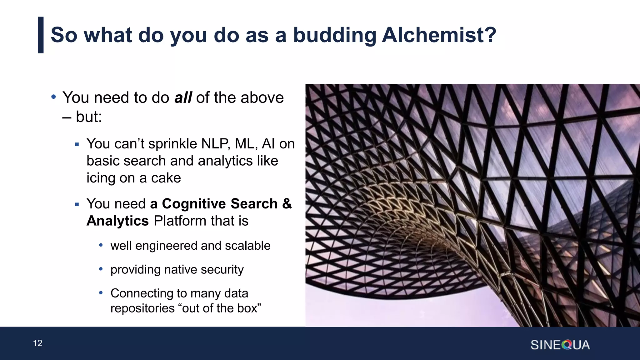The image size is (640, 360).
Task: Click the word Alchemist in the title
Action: tap(439, 35)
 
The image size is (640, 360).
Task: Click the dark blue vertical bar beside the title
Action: tap(41, 35)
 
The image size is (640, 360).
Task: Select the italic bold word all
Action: tap(183, 97)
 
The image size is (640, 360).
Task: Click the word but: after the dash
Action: tap(89, 117)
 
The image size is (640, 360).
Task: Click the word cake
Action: tap(166, 178)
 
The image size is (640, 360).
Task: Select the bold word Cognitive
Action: tap(194, 204)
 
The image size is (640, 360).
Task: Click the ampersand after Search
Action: tap(287, 204)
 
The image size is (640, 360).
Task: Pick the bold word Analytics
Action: tap(117, 221)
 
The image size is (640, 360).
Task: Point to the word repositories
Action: tap(142, 308)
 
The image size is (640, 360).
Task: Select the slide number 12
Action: tap(37, 343)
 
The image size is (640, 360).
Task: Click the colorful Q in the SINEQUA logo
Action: tap(566, 345)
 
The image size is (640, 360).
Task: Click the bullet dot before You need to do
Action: tap(53, 97)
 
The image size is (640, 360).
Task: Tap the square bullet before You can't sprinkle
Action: tap(77, 144)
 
